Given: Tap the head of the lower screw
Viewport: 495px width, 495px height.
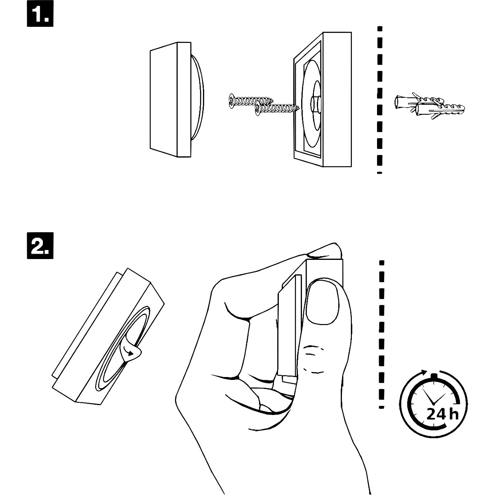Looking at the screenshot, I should pos(258,109).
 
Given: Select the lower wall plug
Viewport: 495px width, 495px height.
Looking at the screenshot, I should pos(437,111).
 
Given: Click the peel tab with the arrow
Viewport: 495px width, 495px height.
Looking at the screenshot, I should pos(132,351).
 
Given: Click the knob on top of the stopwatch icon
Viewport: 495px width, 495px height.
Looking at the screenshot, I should pos(433,375).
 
